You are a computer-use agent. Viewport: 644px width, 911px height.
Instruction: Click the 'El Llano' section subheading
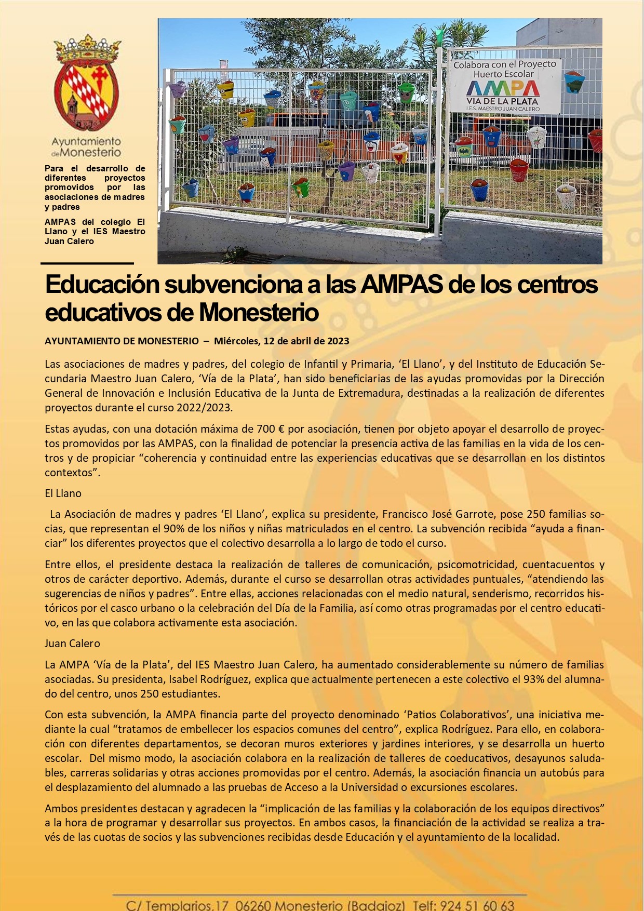click(63, 493)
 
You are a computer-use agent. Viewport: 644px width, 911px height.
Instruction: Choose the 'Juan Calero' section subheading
click(72, 644)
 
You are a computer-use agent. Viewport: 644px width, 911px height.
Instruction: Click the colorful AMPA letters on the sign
click(503, 89)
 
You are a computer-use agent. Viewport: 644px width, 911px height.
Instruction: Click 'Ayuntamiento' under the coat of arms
click(86, 141)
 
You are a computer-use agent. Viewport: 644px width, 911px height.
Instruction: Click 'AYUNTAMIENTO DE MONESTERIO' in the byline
click(122, 341)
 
